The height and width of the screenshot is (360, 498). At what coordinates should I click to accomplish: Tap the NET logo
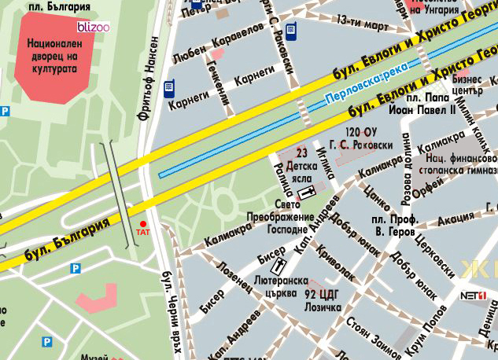473,296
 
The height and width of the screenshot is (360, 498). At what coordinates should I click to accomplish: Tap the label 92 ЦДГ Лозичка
323,300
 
